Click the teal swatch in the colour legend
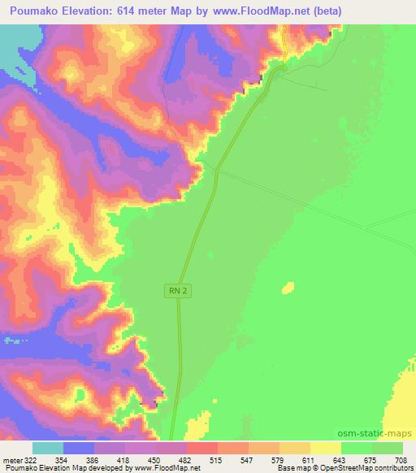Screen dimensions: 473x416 [x=48, y=448]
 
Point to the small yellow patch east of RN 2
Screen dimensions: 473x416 [x=288, y=286]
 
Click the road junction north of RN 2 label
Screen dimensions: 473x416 [x=217, y=170]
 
